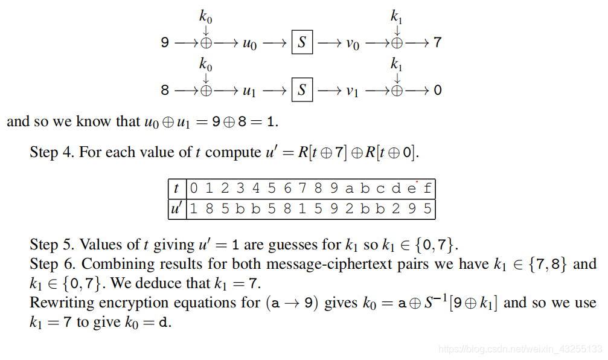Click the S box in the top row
pyautogui.click(x=302, y=43)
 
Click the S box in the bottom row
pyautogui.click(x=302, y=91)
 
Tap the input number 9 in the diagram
pyautogui.click(x=165, y=43)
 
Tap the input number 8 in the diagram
pyautogui.click(x=165, y=91)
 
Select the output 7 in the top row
pyautogui.click(x=438, y=43)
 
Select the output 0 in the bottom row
pyautogui.click(x=438, y=91)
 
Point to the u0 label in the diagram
pyautogui.click(x=249, y=43)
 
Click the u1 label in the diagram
pyautogui.click(x=249, y=91)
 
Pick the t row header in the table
pyautogui.click(x=176, y=188)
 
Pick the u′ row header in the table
pyautogui.click(x=176, y=209)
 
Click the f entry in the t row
pyautogui.click(x=427, y=188)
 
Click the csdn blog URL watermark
pyautogui.click(x=520, y=349)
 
